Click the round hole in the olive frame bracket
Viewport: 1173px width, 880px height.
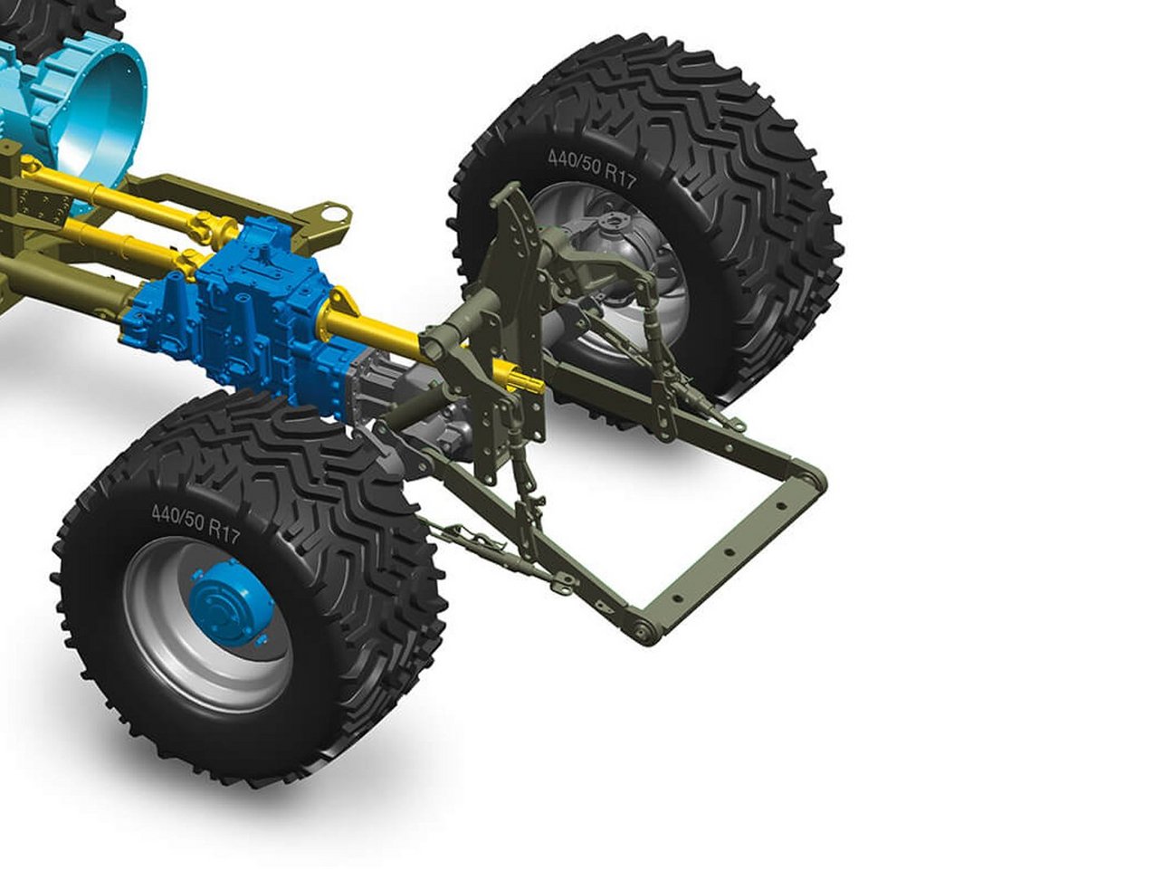pos(338,216)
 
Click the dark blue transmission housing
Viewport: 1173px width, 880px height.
pos(235,310)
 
